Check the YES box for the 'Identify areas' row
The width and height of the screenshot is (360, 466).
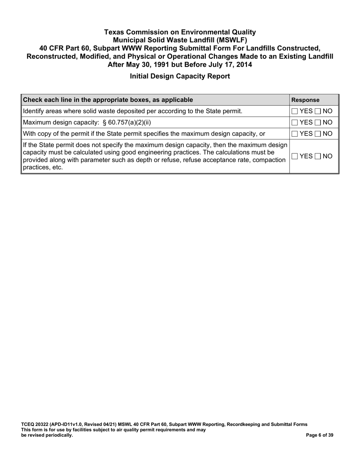click(x=295, y=111)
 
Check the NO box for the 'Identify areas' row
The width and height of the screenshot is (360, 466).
click(x=318, y=111)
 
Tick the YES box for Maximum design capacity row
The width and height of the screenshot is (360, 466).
click(x=295, y=122)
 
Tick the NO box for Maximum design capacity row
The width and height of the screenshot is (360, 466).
click(x=318, y=122)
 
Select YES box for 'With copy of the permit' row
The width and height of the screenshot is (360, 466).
click(x=295, y=134)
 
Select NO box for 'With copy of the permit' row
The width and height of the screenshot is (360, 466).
click(x=318, y=134)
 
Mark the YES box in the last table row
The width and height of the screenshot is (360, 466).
click(x=295, y=156)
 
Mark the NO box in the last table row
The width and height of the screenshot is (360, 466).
click(x=318, y=156)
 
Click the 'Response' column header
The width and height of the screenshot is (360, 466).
click(x=305, y=100)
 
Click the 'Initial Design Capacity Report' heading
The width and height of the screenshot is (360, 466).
click(x=180, y=76)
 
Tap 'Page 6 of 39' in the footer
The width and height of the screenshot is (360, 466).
click(x=319, y=435)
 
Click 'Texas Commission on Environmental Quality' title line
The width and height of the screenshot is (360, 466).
click(x=180, y=32)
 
